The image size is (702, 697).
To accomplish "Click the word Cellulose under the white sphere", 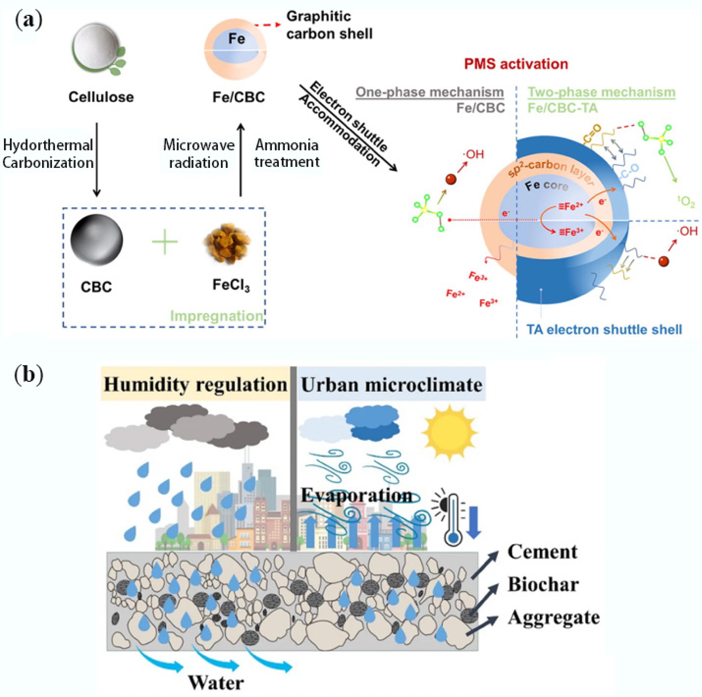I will tap(101, 97).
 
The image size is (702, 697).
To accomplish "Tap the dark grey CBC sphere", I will tap(97, 240).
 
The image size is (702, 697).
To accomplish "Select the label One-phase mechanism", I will tap(429, 92).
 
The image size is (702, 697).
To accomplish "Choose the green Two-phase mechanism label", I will tap(601, 92).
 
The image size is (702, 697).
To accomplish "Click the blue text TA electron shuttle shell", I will tap(604, 330).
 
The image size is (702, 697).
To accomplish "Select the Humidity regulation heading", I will tap(195, 385).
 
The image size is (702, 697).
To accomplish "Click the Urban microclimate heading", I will tap(391, 385).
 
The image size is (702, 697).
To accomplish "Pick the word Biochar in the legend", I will tap(543, 585).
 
